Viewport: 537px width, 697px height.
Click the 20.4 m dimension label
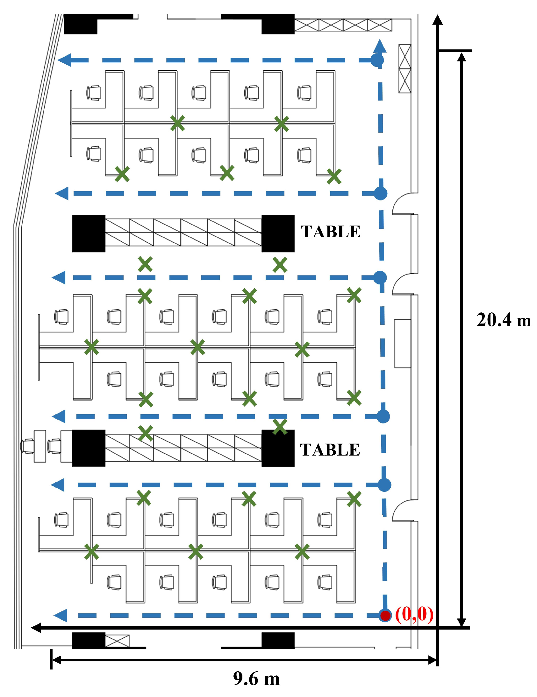[503, 320]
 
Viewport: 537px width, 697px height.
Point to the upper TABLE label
[330, 232]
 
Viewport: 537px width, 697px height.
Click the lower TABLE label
[330, 450]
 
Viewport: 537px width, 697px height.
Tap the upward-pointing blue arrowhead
[380, 46]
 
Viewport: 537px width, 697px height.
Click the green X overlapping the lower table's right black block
[280, 427]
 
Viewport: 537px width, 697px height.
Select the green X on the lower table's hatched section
[145, 433]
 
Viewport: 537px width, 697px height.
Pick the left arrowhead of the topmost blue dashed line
[65, 60]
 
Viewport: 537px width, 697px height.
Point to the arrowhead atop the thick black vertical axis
[437, 20]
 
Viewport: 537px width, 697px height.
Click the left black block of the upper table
[89, 233]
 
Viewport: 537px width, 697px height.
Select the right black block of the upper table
[278, 233]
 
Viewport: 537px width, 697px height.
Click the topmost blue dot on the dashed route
[377, 60]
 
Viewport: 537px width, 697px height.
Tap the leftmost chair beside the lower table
[27, 446]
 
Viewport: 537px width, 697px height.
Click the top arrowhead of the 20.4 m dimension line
[461, 58]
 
